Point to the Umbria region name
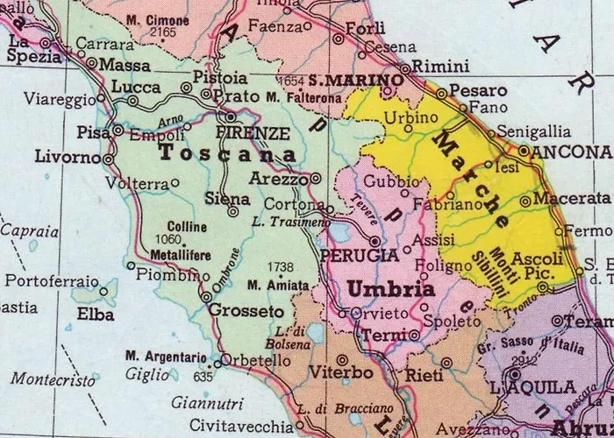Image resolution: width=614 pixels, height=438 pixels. [391, 288]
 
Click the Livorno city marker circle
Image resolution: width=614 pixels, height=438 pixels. [109, 159]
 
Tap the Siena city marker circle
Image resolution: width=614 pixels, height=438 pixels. [233, 211]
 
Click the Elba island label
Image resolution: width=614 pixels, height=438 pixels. [96, 313]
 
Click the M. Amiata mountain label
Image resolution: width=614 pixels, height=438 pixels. [278, 286]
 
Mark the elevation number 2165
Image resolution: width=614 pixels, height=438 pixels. [163, 32]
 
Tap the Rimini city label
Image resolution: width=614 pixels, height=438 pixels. [435, 67]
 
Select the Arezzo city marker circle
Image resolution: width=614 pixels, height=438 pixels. [316, 178]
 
